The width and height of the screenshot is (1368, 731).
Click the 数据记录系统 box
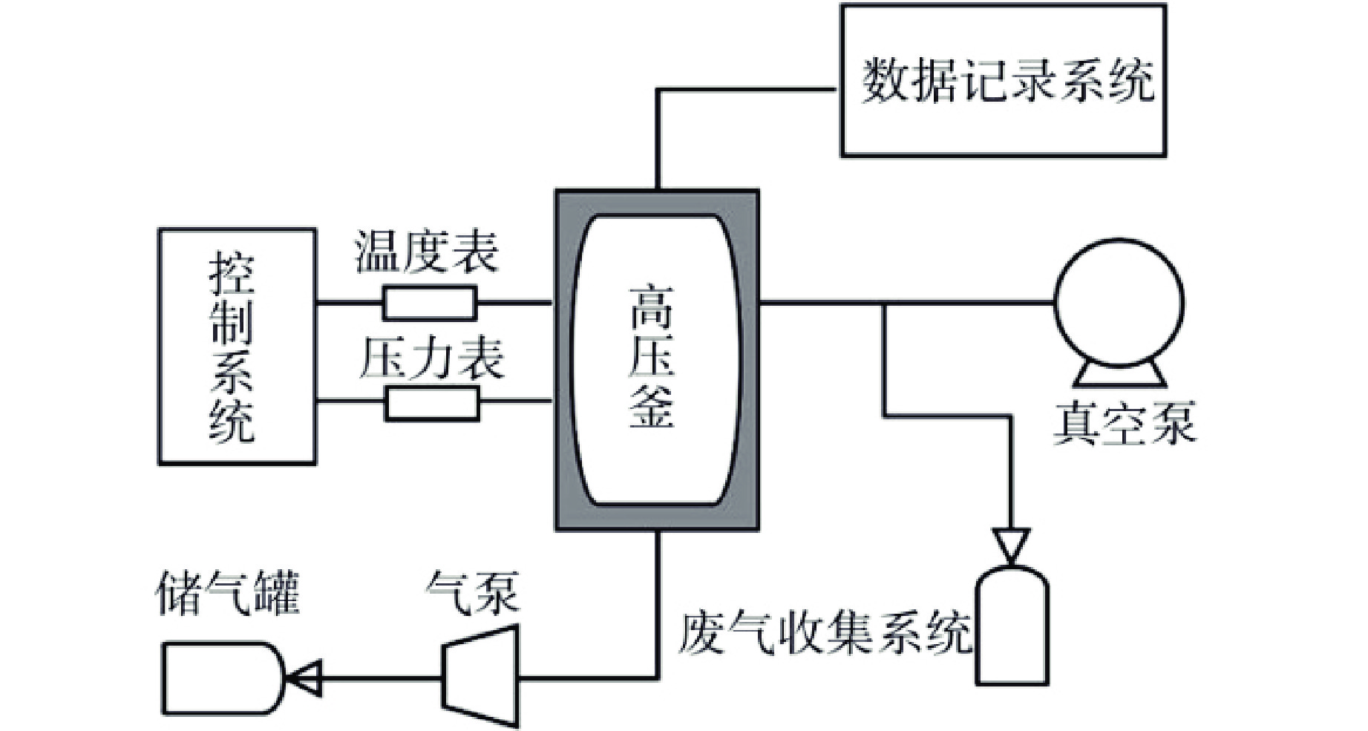[1003, 80]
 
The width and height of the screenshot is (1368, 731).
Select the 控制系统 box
[237, 347]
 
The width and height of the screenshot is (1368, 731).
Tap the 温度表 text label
[427, 252]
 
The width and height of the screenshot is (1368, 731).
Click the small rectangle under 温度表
[430, 303]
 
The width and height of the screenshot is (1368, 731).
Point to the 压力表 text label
[431, 359]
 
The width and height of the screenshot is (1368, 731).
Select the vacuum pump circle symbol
[1119, 303]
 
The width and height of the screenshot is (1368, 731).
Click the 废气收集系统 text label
[824, 632]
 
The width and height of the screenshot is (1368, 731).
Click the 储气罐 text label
[228, 593]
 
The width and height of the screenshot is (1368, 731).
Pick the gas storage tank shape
[221, 678]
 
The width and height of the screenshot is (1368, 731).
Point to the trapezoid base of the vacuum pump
[1119, 375]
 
